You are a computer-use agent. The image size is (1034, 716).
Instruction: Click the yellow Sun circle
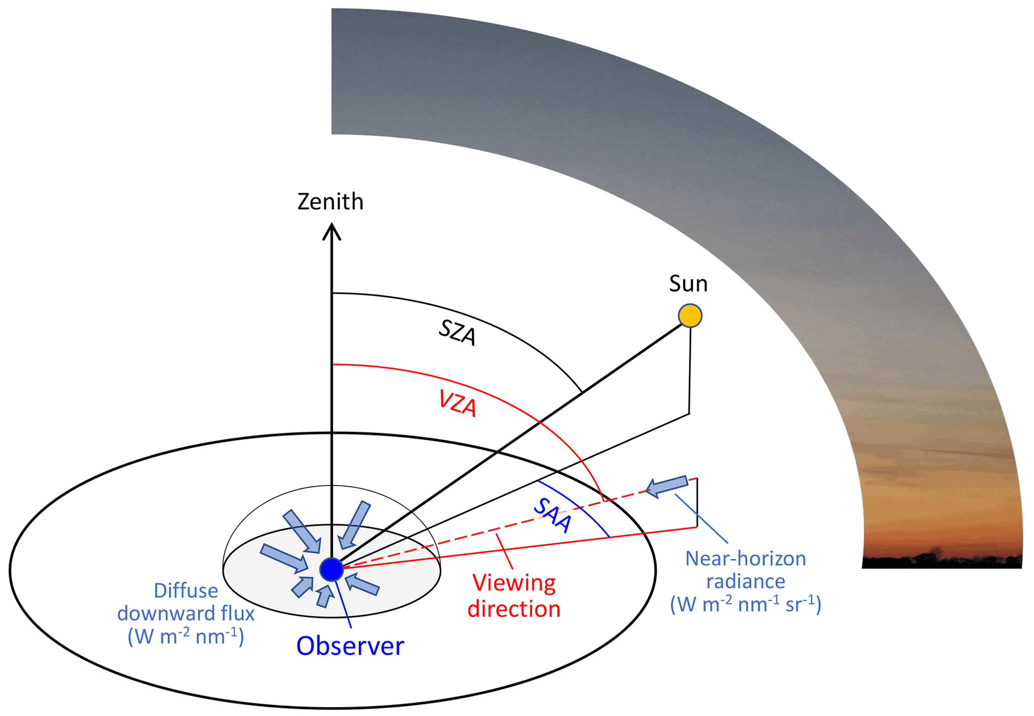coord(690,316)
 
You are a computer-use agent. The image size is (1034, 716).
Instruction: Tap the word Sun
coord(688,284)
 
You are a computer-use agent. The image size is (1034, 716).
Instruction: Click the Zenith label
coord(330,202)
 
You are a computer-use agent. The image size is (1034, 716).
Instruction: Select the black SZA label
coord(457,333)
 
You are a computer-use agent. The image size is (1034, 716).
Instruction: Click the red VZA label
coord(457,404)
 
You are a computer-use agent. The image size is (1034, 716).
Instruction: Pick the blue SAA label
coord(552,516)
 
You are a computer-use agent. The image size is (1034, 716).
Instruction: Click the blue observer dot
coord(331,569)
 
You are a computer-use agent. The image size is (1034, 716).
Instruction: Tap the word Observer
coord(350,646)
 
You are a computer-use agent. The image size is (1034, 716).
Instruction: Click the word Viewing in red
coord(514,583)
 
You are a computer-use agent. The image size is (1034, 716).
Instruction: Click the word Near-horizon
coord(745,559)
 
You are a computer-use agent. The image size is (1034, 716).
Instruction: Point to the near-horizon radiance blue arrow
coord(667,486)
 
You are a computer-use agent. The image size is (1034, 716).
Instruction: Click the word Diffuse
coord(186,591)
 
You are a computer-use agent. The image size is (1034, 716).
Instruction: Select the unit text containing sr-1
coord(745,605)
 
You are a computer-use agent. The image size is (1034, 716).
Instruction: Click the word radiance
coord(745,582)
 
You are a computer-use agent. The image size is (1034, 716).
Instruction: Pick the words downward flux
coord(186,614)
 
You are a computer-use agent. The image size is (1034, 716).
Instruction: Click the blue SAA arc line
coord(580,506)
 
